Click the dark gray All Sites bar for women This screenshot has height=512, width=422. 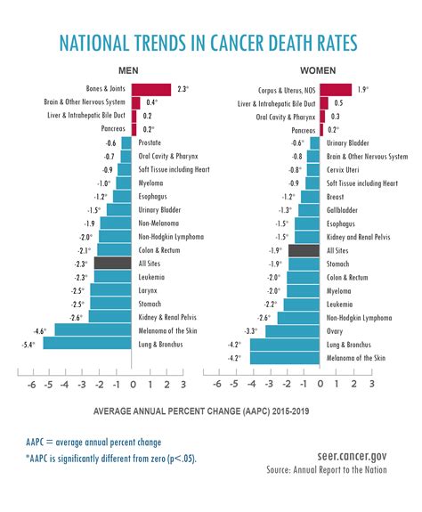pos(304,251)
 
